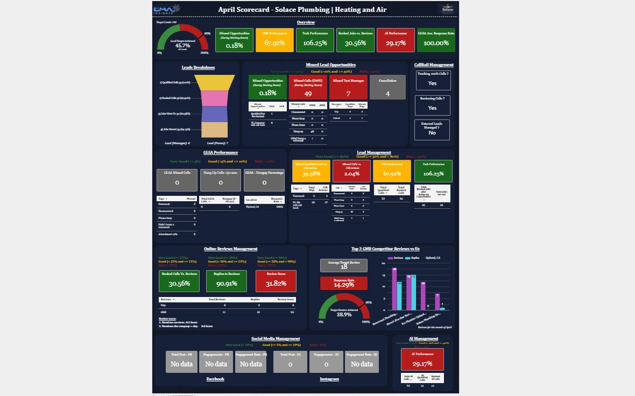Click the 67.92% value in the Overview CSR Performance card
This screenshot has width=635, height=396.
(x=274, y=43)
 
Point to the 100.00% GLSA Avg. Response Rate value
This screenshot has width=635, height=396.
(x=436, y=43)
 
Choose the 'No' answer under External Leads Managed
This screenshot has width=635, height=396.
(x=432, y=132)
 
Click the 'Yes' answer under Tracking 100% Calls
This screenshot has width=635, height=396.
(x=432, y=83)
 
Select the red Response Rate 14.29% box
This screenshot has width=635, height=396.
(x=344, y=284)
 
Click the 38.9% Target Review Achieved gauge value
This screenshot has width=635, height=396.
(x=344, y=314)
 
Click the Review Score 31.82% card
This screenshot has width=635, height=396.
(x=274, y=281)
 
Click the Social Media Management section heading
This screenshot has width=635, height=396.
(x=276, y=339)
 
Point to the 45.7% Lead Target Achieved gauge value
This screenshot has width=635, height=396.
(x=182, y=46)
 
